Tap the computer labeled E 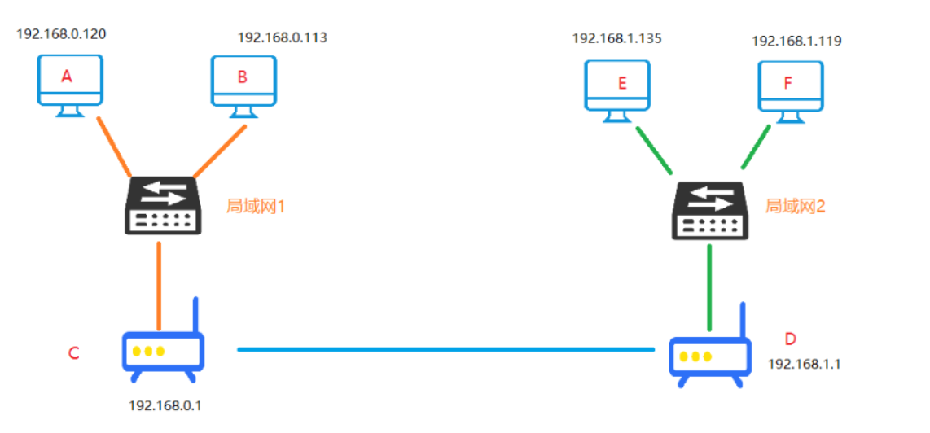tap(617, 88)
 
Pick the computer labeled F tap(790, 88)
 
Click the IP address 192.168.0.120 tap(61, 34)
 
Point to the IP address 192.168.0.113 tap(282, 37)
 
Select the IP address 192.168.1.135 tap(616, 37)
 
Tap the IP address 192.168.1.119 tap(796, 40)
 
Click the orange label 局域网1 tap(256, 206)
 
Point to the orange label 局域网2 tap(795, 206)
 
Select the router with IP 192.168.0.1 tap(162, 351)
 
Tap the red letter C tap(73, 353)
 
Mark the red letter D tap(789, 339)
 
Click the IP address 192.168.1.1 tap(804, 364)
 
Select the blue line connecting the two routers tap(445, 350)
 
